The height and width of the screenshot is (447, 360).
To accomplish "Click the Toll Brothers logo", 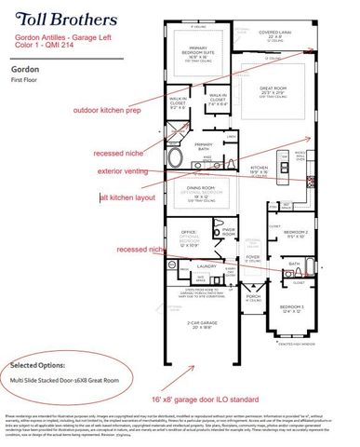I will pos(51,18).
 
